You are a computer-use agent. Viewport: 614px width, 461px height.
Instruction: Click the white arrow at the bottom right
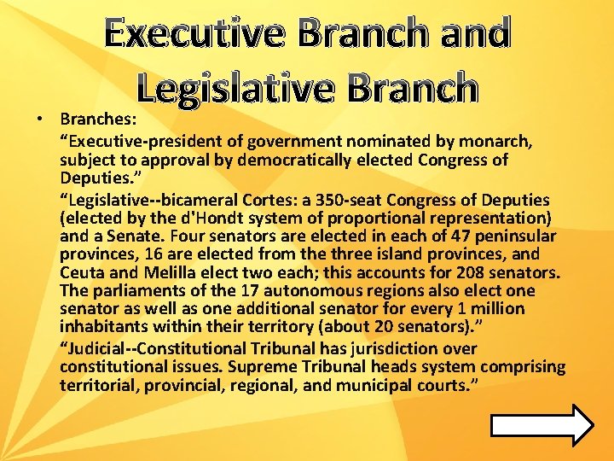542,424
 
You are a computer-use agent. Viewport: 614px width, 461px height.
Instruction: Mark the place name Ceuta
81,273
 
